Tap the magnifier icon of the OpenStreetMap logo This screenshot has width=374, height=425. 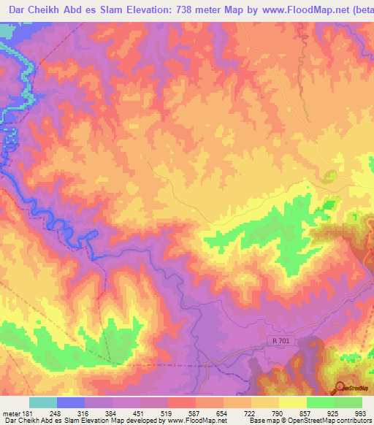click(341, 387)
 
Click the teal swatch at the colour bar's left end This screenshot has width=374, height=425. click(43, 403)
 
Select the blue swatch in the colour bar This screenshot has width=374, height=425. click(71, 403)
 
